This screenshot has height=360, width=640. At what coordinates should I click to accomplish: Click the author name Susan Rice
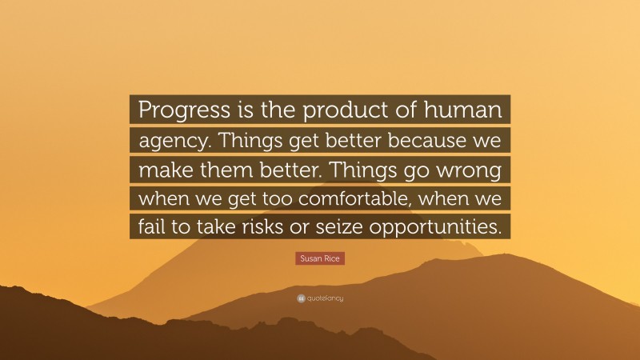coord(320,259)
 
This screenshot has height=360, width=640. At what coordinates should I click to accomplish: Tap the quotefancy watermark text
coord(325,298)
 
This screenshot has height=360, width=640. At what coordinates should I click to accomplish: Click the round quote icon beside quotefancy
coord(301,298)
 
